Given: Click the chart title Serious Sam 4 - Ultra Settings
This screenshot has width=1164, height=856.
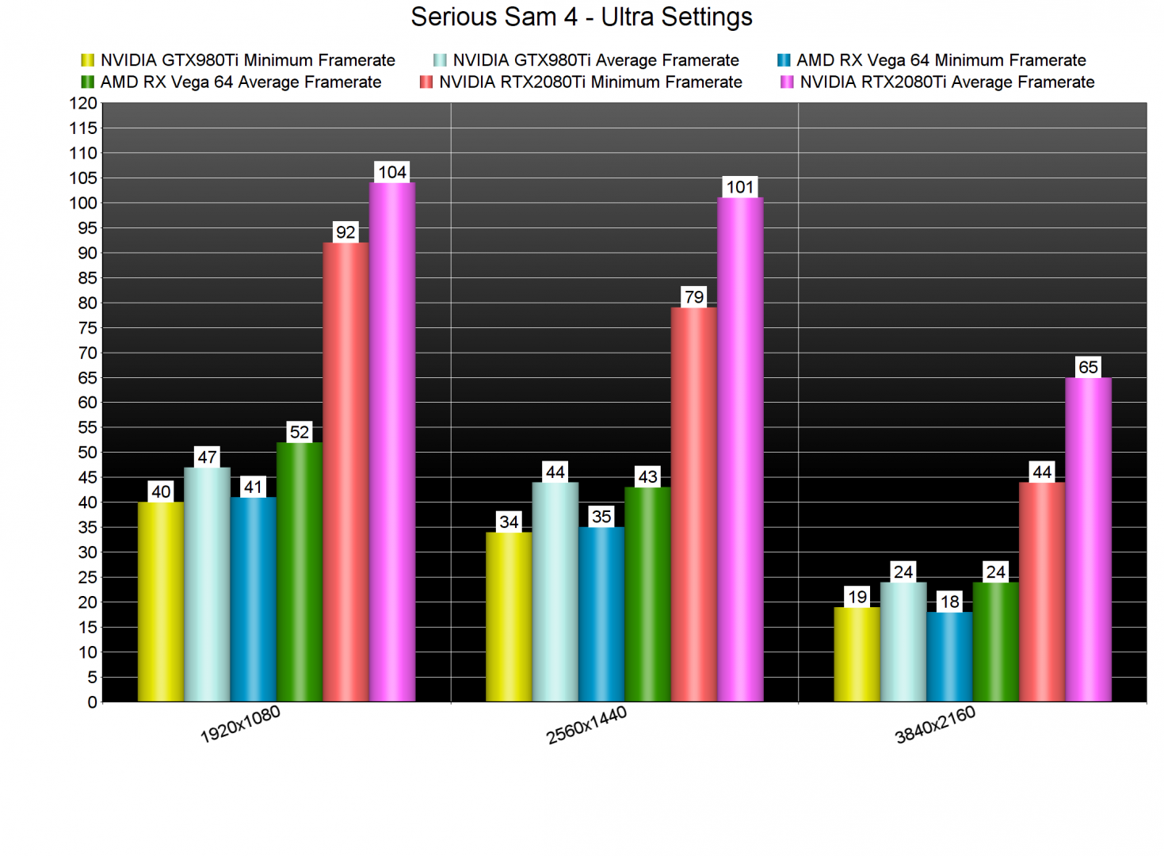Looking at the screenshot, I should pyautogui.click(x=582, y=17).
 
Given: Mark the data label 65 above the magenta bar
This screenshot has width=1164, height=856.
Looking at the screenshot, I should pyautogui.click(x=1088, y=367).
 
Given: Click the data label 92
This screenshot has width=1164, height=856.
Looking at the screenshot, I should pyautogui.click(x=345, y=232).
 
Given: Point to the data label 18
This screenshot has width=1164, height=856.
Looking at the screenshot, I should pyautogui.click(x=949, y=602).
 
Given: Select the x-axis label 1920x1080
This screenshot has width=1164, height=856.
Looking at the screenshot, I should pyautogui.click(x=240, y=724).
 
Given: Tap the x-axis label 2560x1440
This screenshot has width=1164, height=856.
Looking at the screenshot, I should pyautogui.click(x=586, y=724).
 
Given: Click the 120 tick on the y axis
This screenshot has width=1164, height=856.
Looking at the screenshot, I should pyautogui.click(x=83, y=103).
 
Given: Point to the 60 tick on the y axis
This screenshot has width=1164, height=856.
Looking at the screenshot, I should pyautogui.click(x=87, y=403).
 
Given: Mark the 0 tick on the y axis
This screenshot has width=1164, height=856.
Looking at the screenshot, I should pyautogui.click(x=92, y=702).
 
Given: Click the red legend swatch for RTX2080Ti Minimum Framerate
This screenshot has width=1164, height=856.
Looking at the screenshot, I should pyautogui.click(x=426, y=82).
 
